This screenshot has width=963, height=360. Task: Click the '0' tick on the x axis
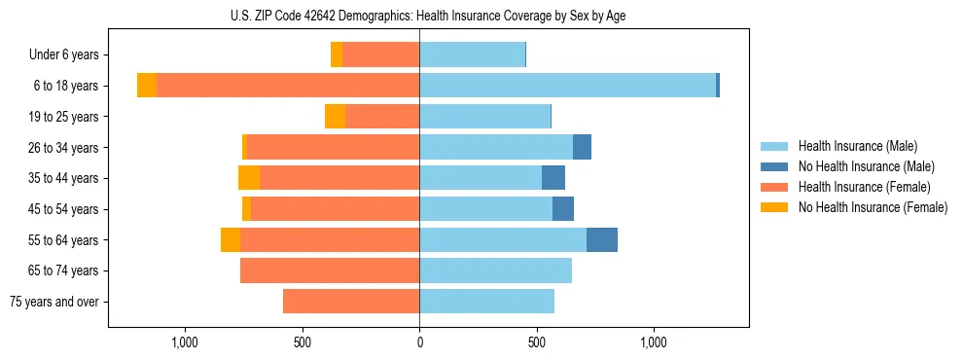click(x=419, y=342)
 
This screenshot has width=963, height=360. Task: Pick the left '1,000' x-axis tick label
click(x=185, y=342)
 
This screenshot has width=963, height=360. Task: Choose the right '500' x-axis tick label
click(x=537, y=342)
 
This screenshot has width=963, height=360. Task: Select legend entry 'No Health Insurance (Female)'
click(x=873, y=207)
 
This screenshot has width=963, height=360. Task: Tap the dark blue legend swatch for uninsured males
click(x=774, y=166)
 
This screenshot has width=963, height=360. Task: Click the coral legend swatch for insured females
click(x=774, y=187)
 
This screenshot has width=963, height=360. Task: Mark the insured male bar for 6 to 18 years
click(x=567, y=86)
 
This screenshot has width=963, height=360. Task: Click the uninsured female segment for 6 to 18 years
click(x=147, y=86)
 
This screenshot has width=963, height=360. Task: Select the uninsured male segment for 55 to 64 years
click(x=602, y=239)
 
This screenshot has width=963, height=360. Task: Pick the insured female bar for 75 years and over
click(x=351, y=302)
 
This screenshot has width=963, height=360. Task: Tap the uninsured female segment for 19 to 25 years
click(x=336, y=117)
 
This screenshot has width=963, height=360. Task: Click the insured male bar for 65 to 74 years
click(x=495, y=270)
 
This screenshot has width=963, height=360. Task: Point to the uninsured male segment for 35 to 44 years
click(x=553, y=178)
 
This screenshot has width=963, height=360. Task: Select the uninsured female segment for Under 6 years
click(x=337, y=55)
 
